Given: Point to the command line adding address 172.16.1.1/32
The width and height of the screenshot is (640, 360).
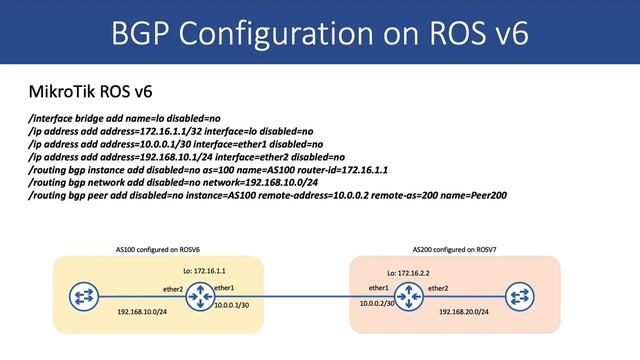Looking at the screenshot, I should pos(171,131).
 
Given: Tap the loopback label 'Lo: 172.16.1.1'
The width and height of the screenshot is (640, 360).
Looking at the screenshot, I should pos(206,270).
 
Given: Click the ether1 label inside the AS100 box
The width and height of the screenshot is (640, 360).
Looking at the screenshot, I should pos(225,288).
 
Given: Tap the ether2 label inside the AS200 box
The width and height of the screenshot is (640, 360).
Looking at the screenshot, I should pos(438,288).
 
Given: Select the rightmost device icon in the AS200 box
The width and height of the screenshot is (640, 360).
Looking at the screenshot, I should pos(520,297).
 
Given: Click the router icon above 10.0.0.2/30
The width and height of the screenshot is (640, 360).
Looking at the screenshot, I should pos(407,297).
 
